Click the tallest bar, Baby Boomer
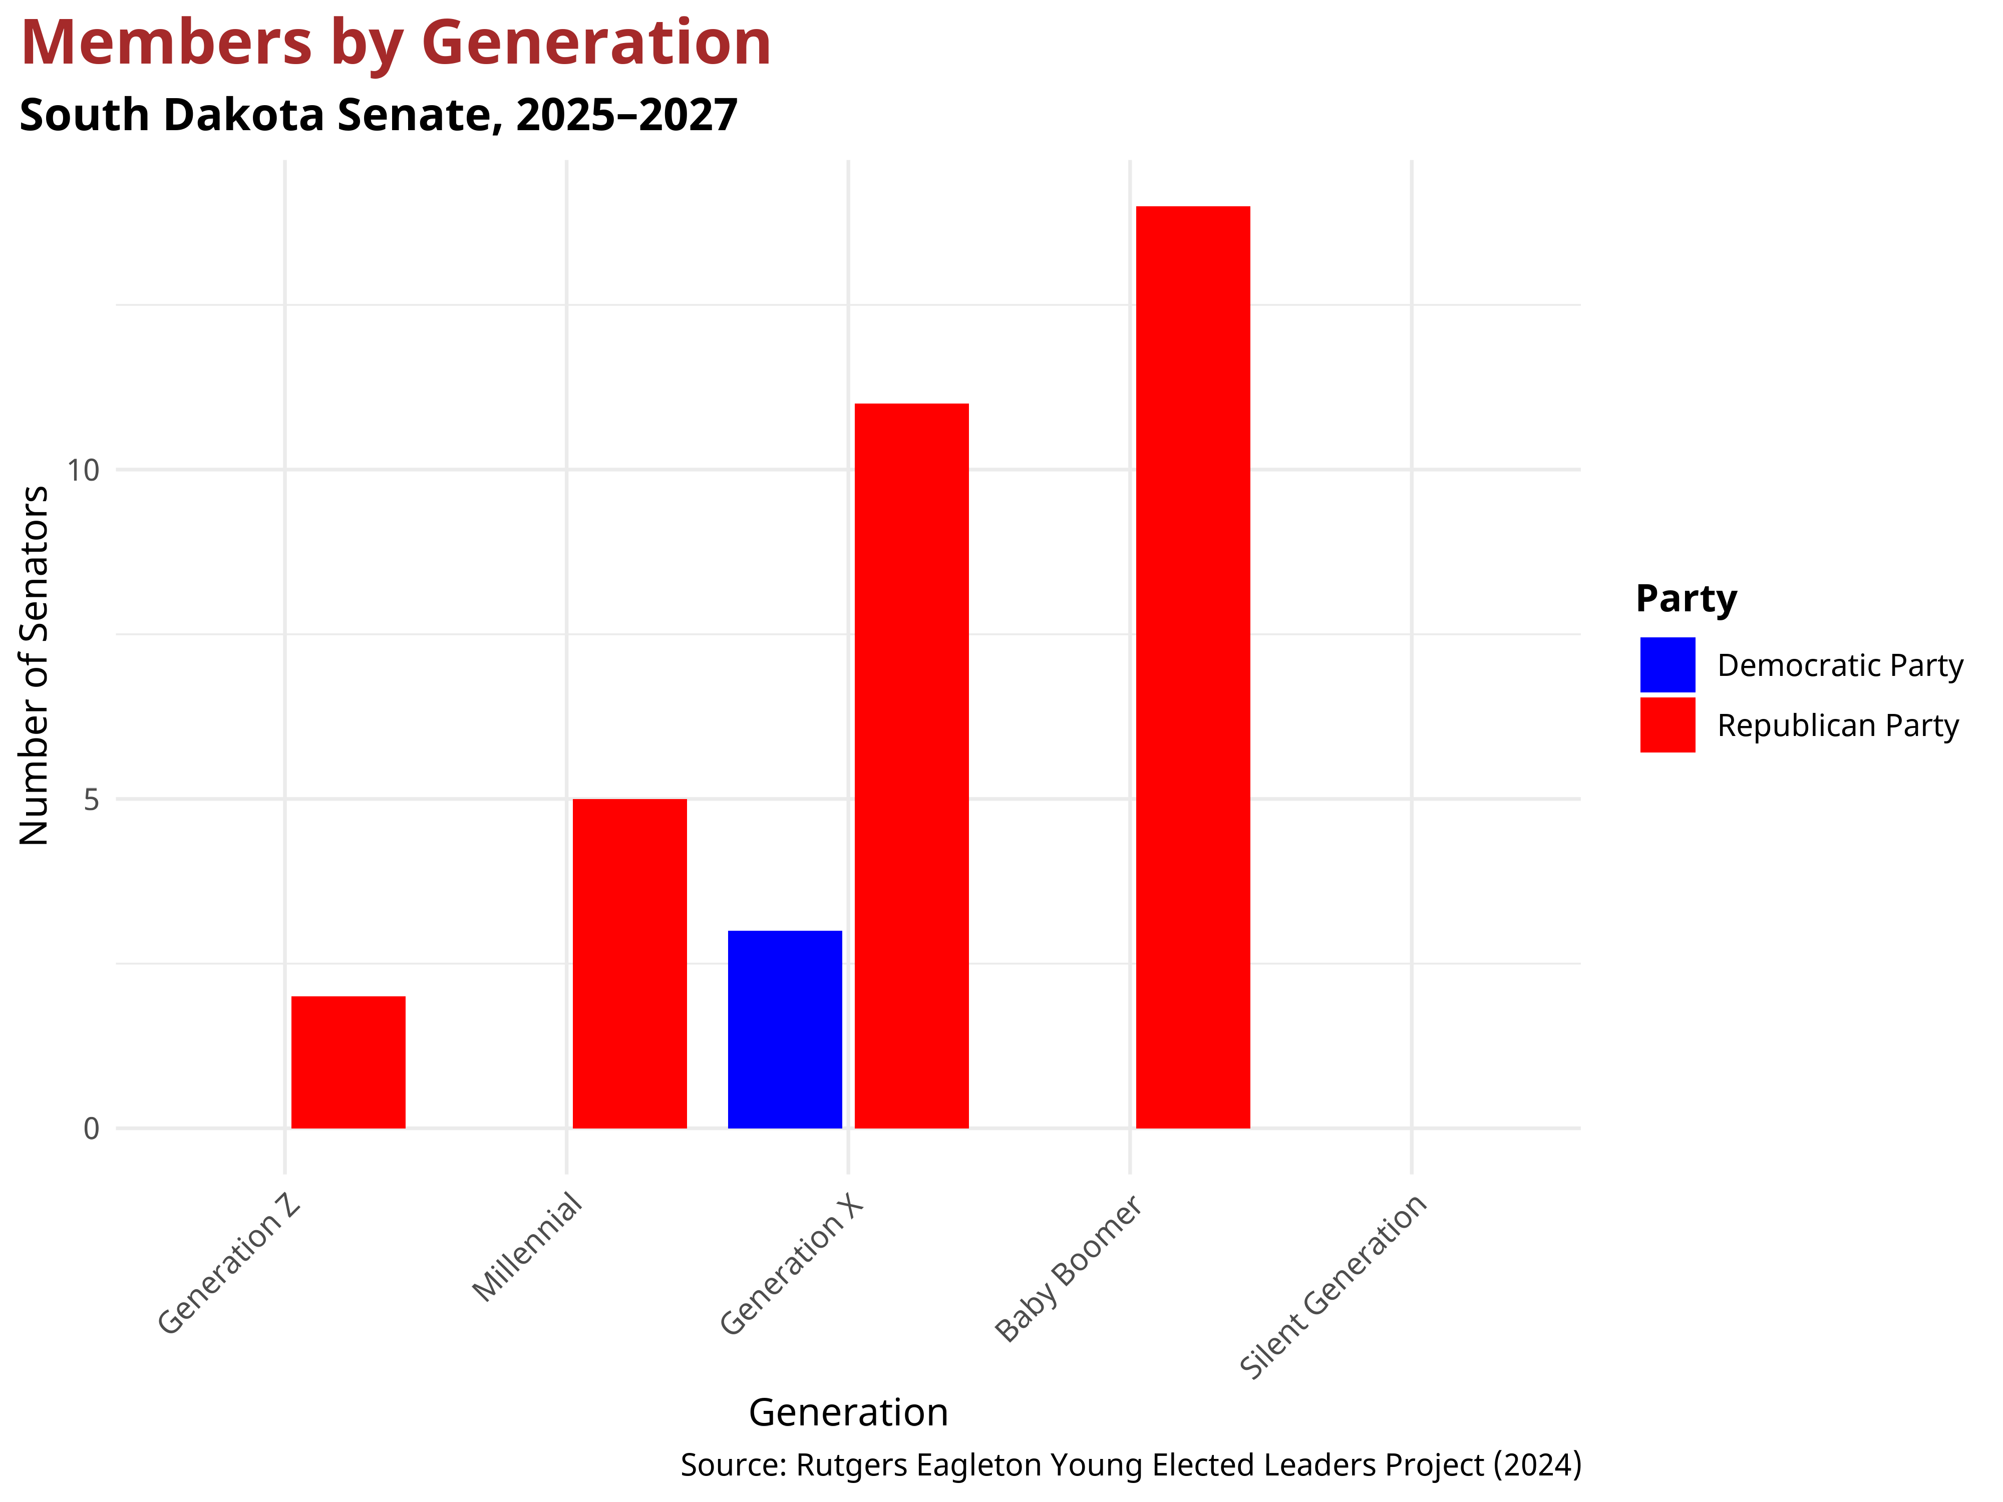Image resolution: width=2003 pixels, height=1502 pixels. click(x=1193, y=667)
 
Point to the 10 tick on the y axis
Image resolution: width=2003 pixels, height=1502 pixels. click(x=83, y=470)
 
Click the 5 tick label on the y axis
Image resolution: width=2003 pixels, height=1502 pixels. click(x=91, y=800)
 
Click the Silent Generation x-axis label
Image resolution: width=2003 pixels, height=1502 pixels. click(x=1333, y=1287)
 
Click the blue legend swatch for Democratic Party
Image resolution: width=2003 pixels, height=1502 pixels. click(x=1667, y=664)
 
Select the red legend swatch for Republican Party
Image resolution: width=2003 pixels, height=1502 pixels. click(x=1667, y=725)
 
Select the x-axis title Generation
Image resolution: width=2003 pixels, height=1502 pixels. click(x=848, y=1412)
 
